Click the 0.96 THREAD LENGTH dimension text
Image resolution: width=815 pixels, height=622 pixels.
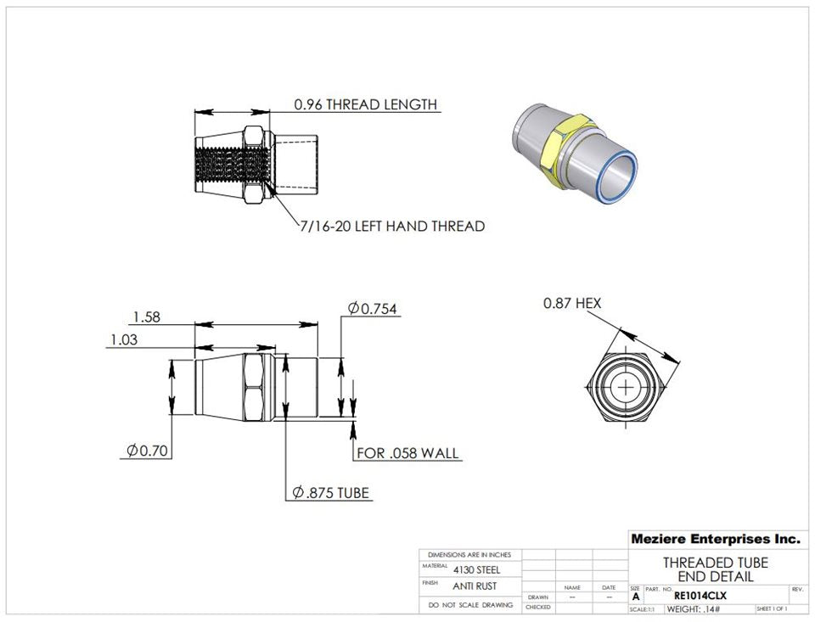pyautogui.click(x=365, y=104)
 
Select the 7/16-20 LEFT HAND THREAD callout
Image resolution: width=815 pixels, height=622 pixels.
pyautogui.click(x=391, y=227)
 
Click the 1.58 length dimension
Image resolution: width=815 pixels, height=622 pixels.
pyautogui.click(x=146, y=317)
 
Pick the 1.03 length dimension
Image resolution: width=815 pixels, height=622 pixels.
pyautogui.click(x=124, y=339)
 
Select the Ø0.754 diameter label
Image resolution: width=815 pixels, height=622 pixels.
pyautogui.click(x=373, y=308)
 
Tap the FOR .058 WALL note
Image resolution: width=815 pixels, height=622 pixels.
pyautogui.click(x=407, y=453)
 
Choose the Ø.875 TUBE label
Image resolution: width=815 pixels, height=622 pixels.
pyautogui.click(x=331, y=493)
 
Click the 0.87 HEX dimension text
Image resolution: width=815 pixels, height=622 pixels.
pyautogui.click(x=572, y=303)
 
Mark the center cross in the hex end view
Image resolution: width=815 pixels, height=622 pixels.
pyautogui.click(x=627, y=387)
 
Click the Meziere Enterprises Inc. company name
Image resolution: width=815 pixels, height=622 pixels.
pyautogui.click(x=715, y=539)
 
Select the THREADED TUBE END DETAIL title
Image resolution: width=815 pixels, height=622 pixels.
pyautogui.click(x=715, y=569)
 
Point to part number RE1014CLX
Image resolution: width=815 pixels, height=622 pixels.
pyautogui.click(x=700, y=596)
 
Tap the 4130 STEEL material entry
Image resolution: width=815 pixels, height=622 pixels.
pyautogui.click(x=476, y=569)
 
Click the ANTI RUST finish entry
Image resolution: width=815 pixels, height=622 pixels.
pyautogui.click(x=474, y=586)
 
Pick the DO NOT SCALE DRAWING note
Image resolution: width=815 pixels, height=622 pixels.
pyautogui.click(x=470, y=605)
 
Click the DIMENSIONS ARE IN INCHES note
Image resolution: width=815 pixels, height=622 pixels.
pyautogui.click(x=469, y=554)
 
